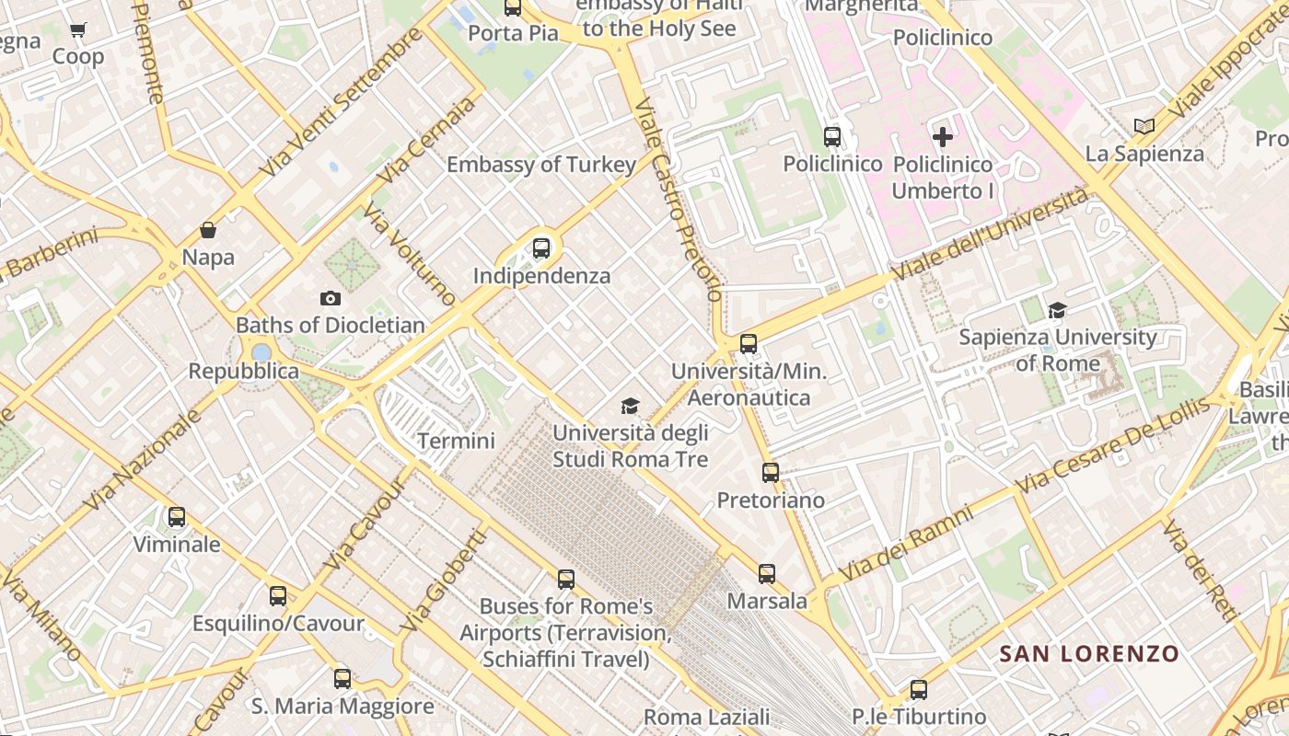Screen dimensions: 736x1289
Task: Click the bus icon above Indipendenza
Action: point(541,247)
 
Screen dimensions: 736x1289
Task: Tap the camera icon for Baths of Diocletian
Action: point(330,298)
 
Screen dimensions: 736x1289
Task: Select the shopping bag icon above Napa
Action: point(208,230)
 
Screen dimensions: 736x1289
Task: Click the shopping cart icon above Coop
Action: point(78,30)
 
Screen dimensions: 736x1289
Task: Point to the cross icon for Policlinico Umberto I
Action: point(942,138)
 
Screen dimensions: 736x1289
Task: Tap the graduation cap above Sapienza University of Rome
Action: point(1057,310)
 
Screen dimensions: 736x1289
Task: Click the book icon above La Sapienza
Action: point(1144,126)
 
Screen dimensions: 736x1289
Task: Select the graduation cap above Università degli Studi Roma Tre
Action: point(630,406)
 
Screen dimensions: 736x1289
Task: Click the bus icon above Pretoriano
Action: point(771,473)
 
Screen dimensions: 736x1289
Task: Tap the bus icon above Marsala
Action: point(767,573)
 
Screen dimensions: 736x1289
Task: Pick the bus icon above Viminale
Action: point(177,517)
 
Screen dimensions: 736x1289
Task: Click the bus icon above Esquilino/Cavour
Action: point(278,596)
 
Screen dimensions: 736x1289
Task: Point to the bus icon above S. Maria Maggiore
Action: point(343,679)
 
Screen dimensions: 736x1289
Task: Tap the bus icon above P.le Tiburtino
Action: point(918,689)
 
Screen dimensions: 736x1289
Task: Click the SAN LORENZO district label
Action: point(1089,654)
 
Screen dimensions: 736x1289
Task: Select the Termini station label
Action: point(456,441)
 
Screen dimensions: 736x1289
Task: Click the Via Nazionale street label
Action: point(142,459)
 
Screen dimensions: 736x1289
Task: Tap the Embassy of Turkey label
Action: point(541,165)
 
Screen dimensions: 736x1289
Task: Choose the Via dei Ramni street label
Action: point(906,543)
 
